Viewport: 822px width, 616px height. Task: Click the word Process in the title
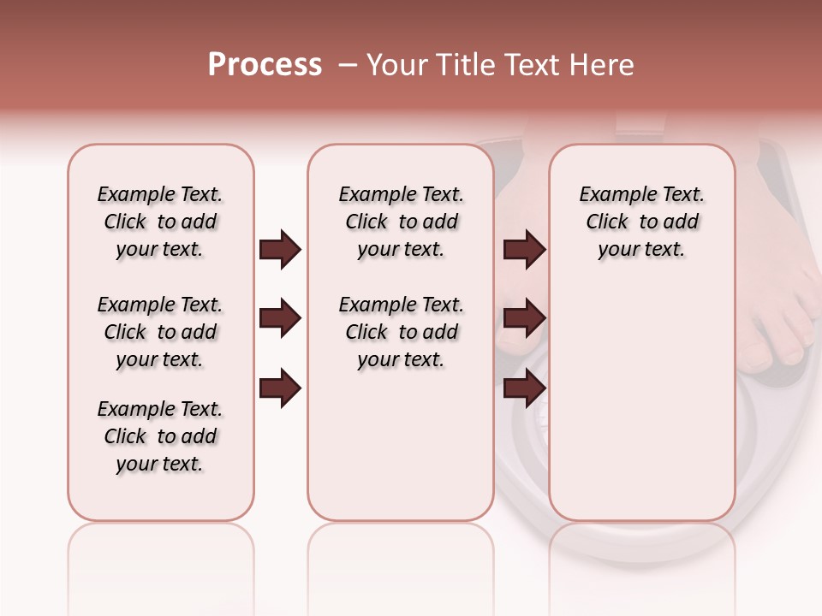pos(265,64)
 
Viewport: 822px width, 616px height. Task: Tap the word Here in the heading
pos(601,65)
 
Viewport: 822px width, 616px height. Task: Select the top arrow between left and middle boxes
pos(279,249)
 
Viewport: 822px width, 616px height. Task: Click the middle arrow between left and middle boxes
pos(279,319)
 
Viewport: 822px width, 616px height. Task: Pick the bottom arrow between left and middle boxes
pos(279,388)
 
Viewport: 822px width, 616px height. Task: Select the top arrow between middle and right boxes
pos(524,249)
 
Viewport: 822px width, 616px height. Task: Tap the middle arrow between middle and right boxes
pos(524,319)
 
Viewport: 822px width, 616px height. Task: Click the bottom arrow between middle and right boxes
pos(524,388)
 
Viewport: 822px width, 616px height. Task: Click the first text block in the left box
pos(160,222)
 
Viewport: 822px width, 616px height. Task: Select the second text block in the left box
pos(160,332)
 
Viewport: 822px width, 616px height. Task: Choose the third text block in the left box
pos(160,436)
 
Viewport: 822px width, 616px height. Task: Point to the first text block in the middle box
pos(401,222)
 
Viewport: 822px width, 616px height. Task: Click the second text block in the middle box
pos(401,332)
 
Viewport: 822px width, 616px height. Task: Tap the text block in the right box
pos(641,222)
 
